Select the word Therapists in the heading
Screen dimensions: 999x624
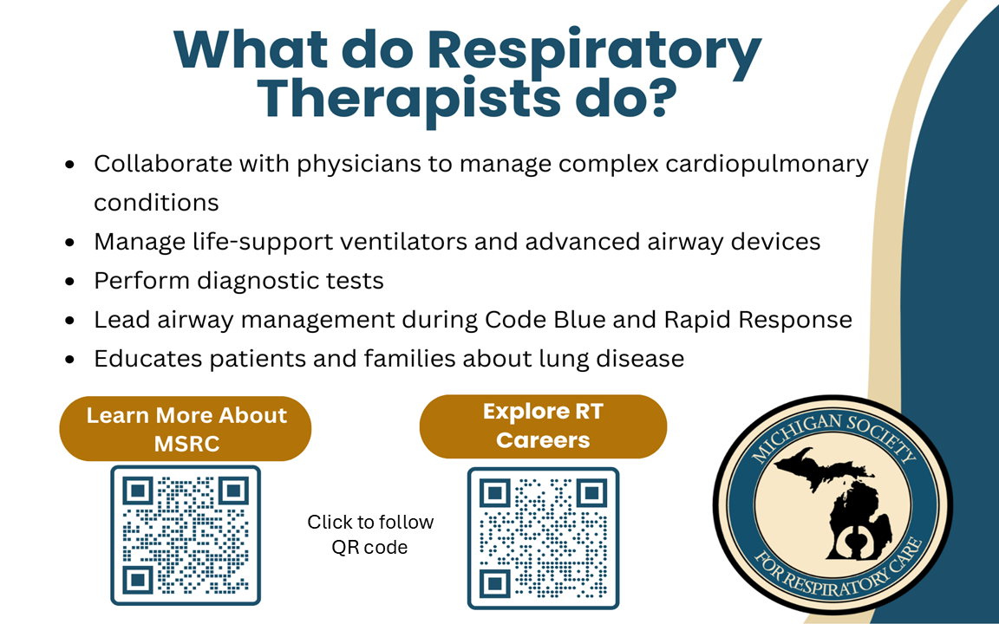click(x=409, y=100)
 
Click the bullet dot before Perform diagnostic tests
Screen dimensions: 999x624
click(x=70, y=282)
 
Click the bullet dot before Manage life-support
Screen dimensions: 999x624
click(x=70, y=243)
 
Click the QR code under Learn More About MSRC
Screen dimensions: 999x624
click(x=186, y=535)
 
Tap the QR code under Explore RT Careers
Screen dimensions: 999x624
click(x=544, y=538)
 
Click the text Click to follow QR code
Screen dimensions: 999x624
click(x=370, y=534)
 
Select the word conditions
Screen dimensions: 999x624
click(x=156, y=203)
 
